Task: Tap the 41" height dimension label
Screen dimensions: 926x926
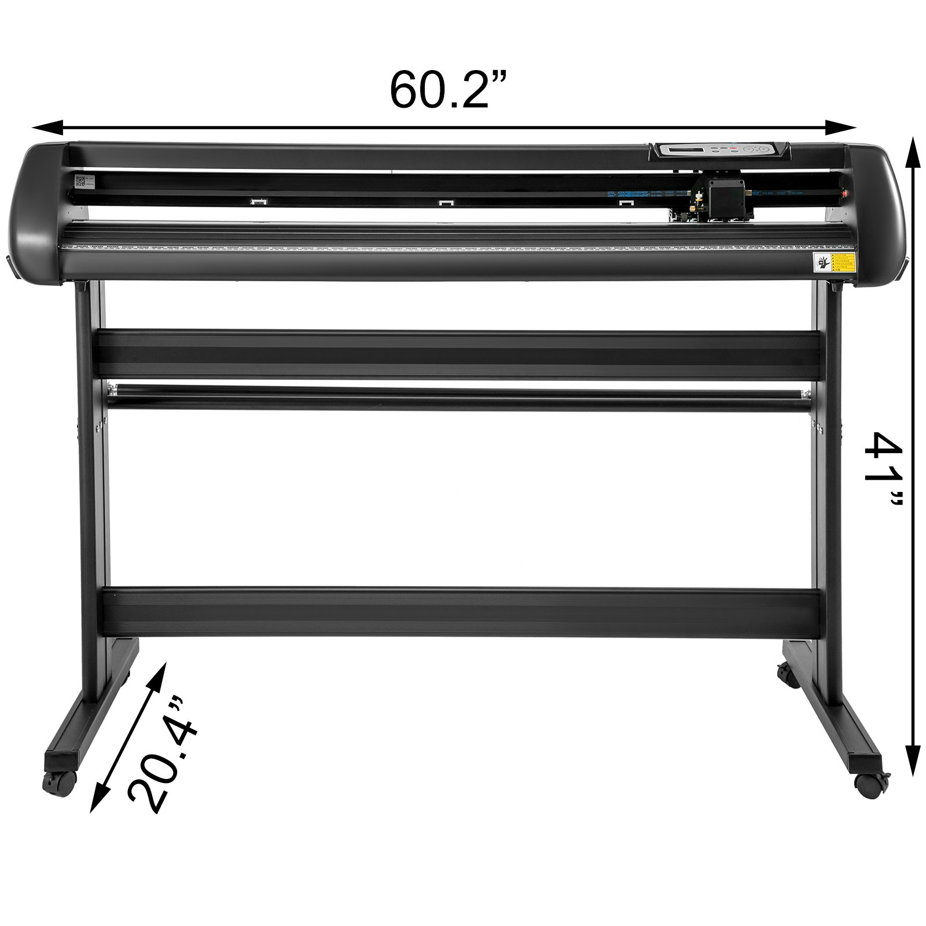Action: coord(882,470)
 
